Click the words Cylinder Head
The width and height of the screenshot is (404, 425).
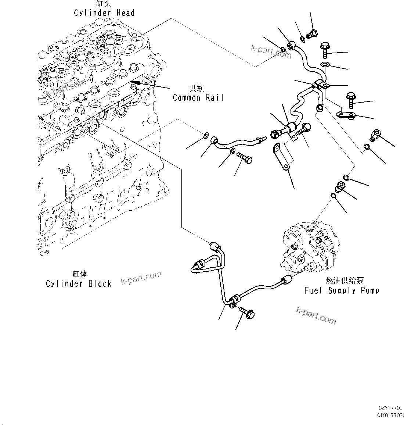point(104,13)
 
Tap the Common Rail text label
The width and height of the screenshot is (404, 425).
point(198,98)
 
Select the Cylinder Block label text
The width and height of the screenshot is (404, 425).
point(79,283)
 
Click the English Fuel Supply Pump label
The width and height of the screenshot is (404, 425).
point(342,290)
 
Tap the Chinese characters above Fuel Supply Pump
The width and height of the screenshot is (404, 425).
point(345,281)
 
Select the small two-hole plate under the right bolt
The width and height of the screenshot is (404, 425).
point(347,115)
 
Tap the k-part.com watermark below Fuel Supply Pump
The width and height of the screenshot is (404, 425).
point(316,316)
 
